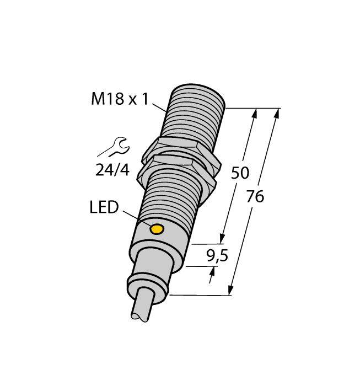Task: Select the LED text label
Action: point(104,208)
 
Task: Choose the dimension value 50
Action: point(239,173)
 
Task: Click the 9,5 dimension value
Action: point(215,255)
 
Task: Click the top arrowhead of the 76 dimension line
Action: point(277,114)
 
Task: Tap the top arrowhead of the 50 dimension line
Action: point(254,114)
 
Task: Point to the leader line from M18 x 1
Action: point(160,106)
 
